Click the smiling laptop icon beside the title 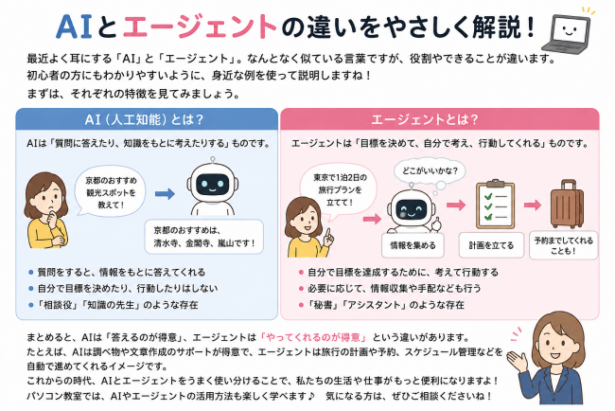click(x=570, y=34)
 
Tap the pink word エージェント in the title click(x=201, y=27)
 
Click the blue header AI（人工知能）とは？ click(x=145, y=119)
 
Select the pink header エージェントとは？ click(x=425, y=119)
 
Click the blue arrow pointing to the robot click(x=165, y=193)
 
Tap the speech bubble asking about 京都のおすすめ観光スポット click(x=111, y=192)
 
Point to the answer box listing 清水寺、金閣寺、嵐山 click(x=204, y=237)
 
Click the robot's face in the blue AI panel click(x=212, y=184)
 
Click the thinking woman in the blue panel click(x=46, y=210)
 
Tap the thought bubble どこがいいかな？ click(x=430, y=171)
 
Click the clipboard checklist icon click(x=495, y=205)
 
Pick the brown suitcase click(x=567, y=204)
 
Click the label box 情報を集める click(x=413, y=245)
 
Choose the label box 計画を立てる click(x=491, y=245)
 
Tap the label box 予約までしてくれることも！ click(x=564, y=245)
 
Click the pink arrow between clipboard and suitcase click(x=533, y=205)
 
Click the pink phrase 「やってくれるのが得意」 click(x=313, y=337)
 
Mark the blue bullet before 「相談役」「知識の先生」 click(x=31, y=305)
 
